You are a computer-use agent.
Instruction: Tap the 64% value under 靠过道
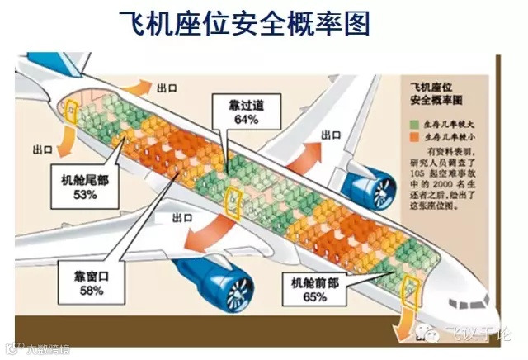coord(246,120)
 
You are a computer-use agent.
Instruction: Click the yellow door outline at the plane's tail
coord(71,110)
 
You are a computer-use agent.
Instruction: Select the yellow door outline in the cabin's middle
coord(233,200)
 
